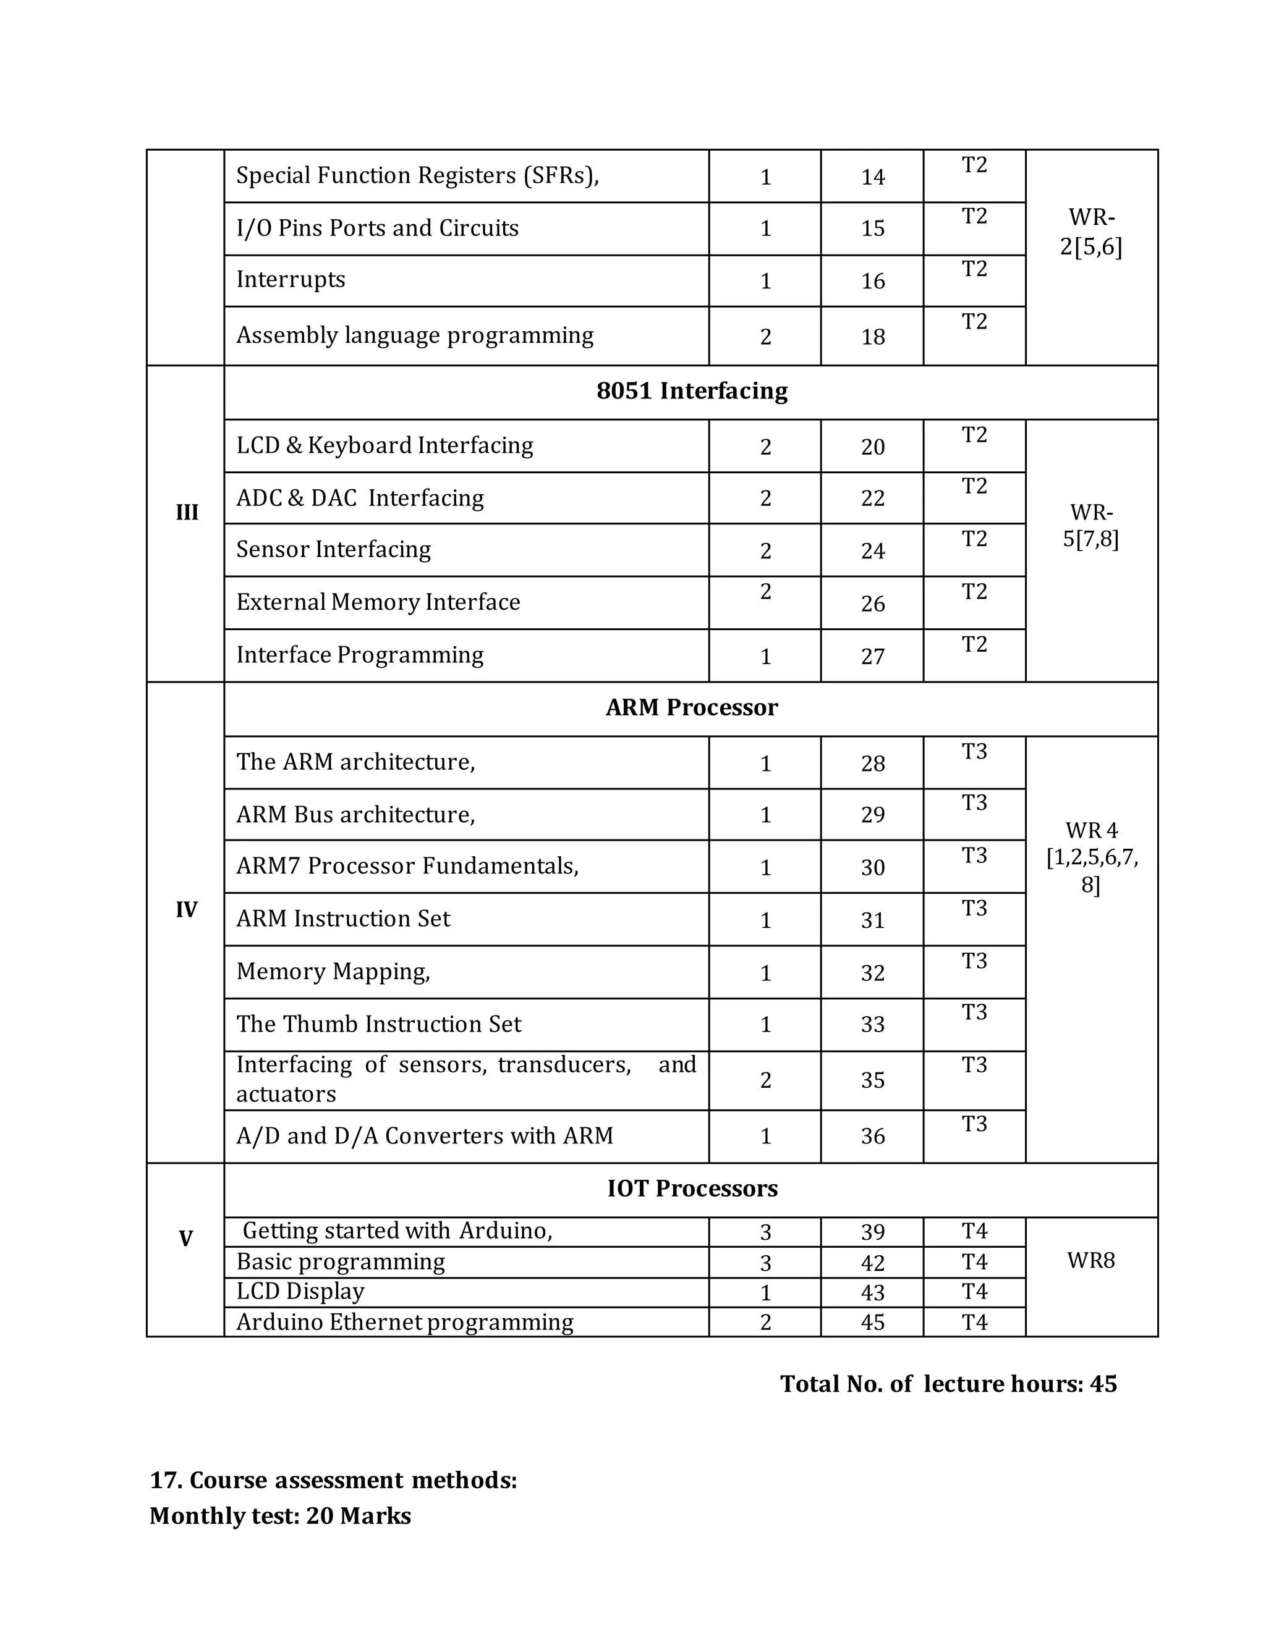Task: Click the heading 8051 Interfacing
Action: (692, 391)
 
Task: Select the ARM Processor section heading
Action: (692, 707)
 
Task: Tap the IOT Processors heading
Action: (692, 1189)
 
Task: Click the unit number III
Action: (187, 513)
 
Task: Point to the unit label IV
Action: (186, 910)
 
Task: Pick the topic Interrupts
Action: (291, 280)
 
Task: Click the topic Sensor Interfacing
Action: (334, 549)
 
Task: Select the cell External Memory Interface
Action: (378, 602)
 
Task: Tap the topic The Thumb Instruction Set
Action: (379, 1024)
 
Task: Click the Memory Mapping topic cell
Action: (333, 972)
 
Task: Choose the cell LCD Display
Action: (300, 1292)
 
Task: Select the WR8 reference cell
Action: (1090, 1261)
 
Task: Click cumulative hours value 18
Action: (873, 337)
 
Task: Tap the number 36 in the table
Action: (873, 1136)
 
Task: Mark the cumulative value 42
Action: (873, 1264)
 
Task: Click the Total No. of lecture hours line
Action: (948, 1384)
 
